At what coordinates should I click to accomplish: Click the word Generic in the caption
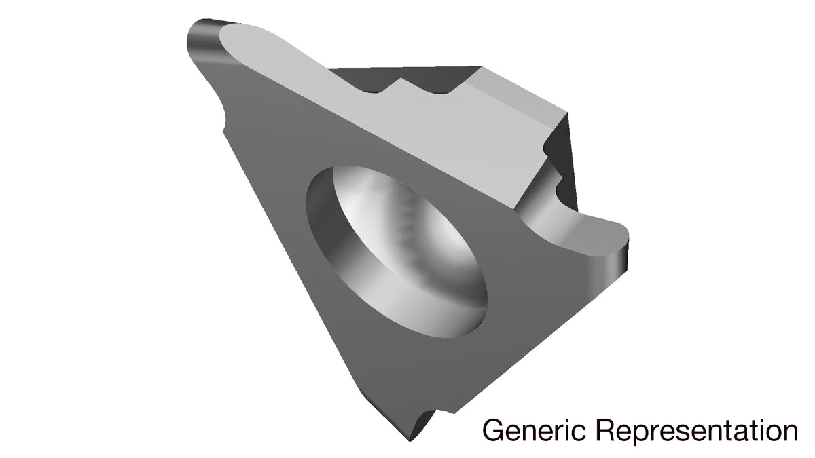tap(534, 430)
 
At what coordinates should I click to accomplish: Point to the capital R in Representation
tap(607, 430)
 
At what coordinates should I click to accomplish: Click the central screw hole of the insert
tap(397, 252)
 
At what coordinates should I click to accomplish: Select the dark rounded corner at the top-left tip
tap(203, 40)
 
